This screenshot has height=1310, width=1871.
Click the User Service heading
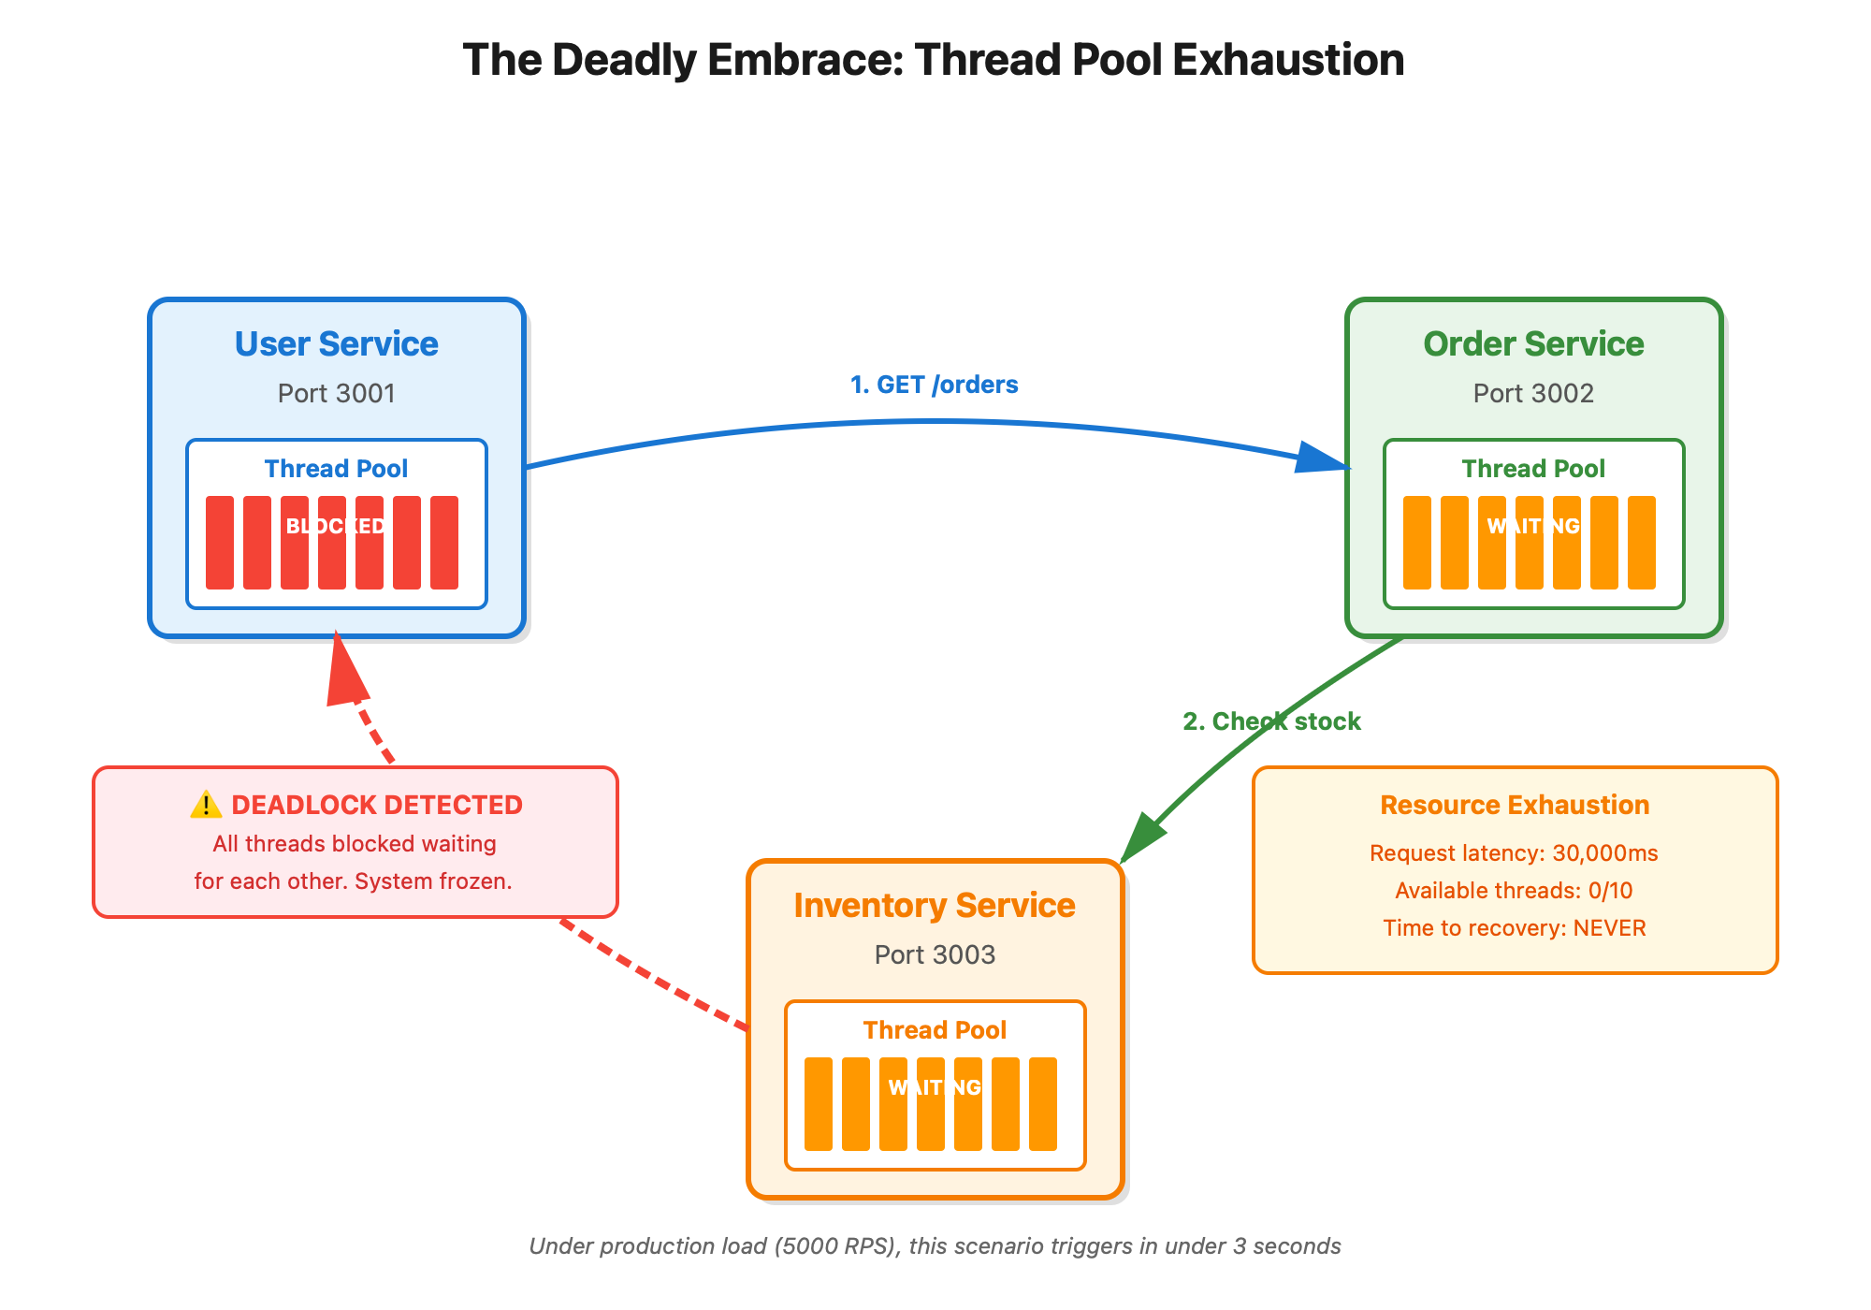tap(336, 344)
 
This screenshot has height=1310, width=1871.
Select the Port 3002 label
tap(1533, 393)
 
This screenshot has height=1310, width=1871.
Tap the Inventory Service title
tap(935, 906)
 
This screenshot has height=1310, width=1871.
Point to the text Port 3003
tap(935, 954)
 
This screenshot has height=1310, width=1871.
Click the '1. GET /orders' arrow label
tap(934, 385)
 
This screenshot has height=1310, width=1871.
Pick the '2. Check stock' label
tap(1271, 721)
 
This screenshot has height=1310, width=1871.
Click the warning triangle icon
tap(206, 805)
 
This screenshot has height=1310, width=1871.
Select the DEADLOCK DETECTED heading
tap(376, 805)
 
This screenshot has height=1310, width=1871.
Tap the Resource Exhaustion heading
tap(1515, 805)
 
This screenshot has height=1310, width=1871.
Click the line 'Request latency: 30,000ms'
tap(1514, 853)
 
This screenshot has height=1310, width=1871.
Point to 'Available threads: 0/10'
tap(1514, 891)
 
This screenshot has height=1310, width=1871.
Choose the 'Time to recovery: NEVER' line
tap(1514, 928)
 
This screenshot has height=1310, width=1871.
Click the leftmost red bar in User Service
tap(220, 543)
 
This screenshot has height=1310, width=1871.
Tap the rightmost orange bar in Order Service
tap(1642, 543)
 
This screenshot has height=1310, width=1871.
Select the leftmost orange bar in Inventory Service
tap(819, 1104)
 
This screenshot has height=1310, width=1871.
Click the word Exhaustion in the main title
tap(1288, 60)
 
